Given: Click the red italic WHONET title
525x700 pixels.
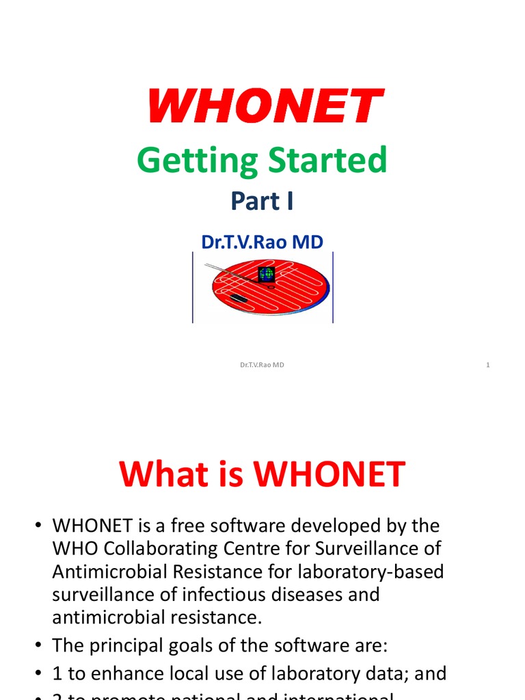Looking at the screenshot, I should (264, 107).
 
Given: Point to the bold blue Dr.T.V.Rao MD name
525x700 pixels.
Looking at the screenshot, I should (262, 241).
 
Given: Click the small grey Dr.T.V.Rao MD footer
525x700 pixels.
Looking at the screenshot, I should (262, 365).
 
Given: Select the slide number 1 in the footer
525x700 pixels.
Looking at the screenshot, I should (488, 365).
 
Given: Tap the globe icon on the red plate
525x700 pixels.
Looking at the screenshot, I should (266, 274).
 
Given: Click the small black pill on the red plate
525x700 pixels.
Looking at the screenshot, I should (239, 299).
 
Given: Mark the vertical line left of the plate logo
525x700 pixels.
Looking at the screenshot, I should (193, 287).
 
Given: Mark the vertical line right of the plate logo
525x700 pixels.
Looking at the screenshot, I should (333, 287).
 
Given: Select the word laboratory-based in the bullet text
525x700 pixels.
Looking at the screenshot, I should (377, 571).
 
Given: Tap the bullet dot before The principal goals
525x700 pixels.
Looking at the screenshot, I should (39, 646).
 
